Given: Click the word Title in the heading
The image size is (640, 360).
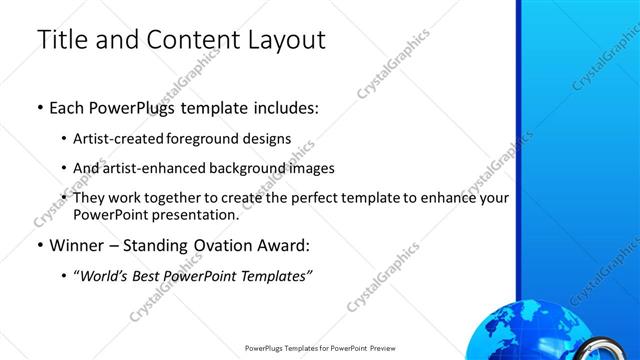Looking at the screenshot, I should (x=58, y=40).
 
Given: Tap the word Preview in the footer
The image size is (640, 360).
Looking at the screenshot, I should (x=381, y=349).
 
